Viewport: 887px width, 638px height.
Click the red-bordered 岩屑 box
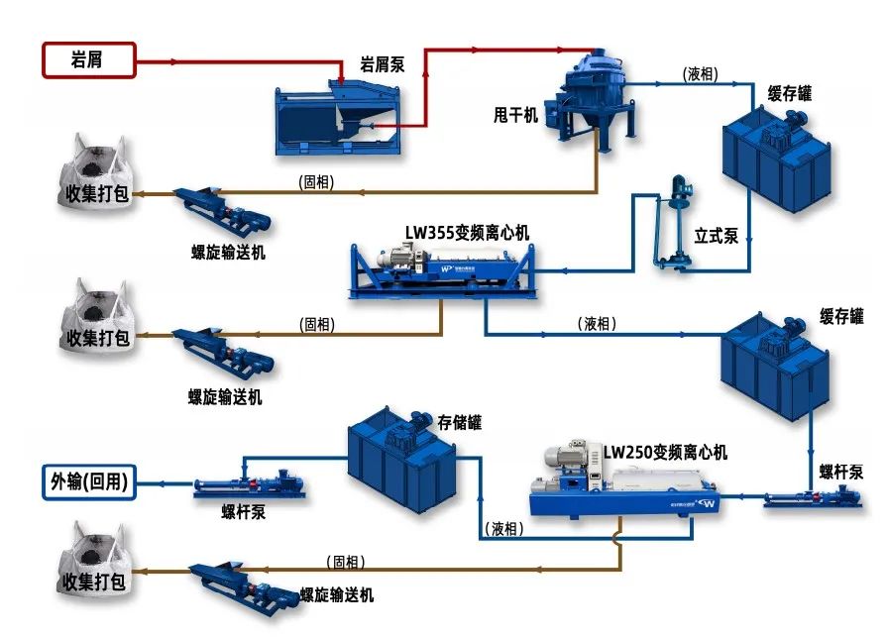point(87,60)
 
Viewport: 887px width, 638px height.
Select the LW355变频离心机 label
point(467,233)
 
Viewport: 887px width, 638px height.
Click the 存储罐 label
point(460,422)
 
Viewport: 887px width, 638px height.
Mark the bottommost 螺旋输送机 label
point(337,595)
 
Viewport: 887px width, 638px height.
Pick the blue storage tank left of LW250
point(401,456)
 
